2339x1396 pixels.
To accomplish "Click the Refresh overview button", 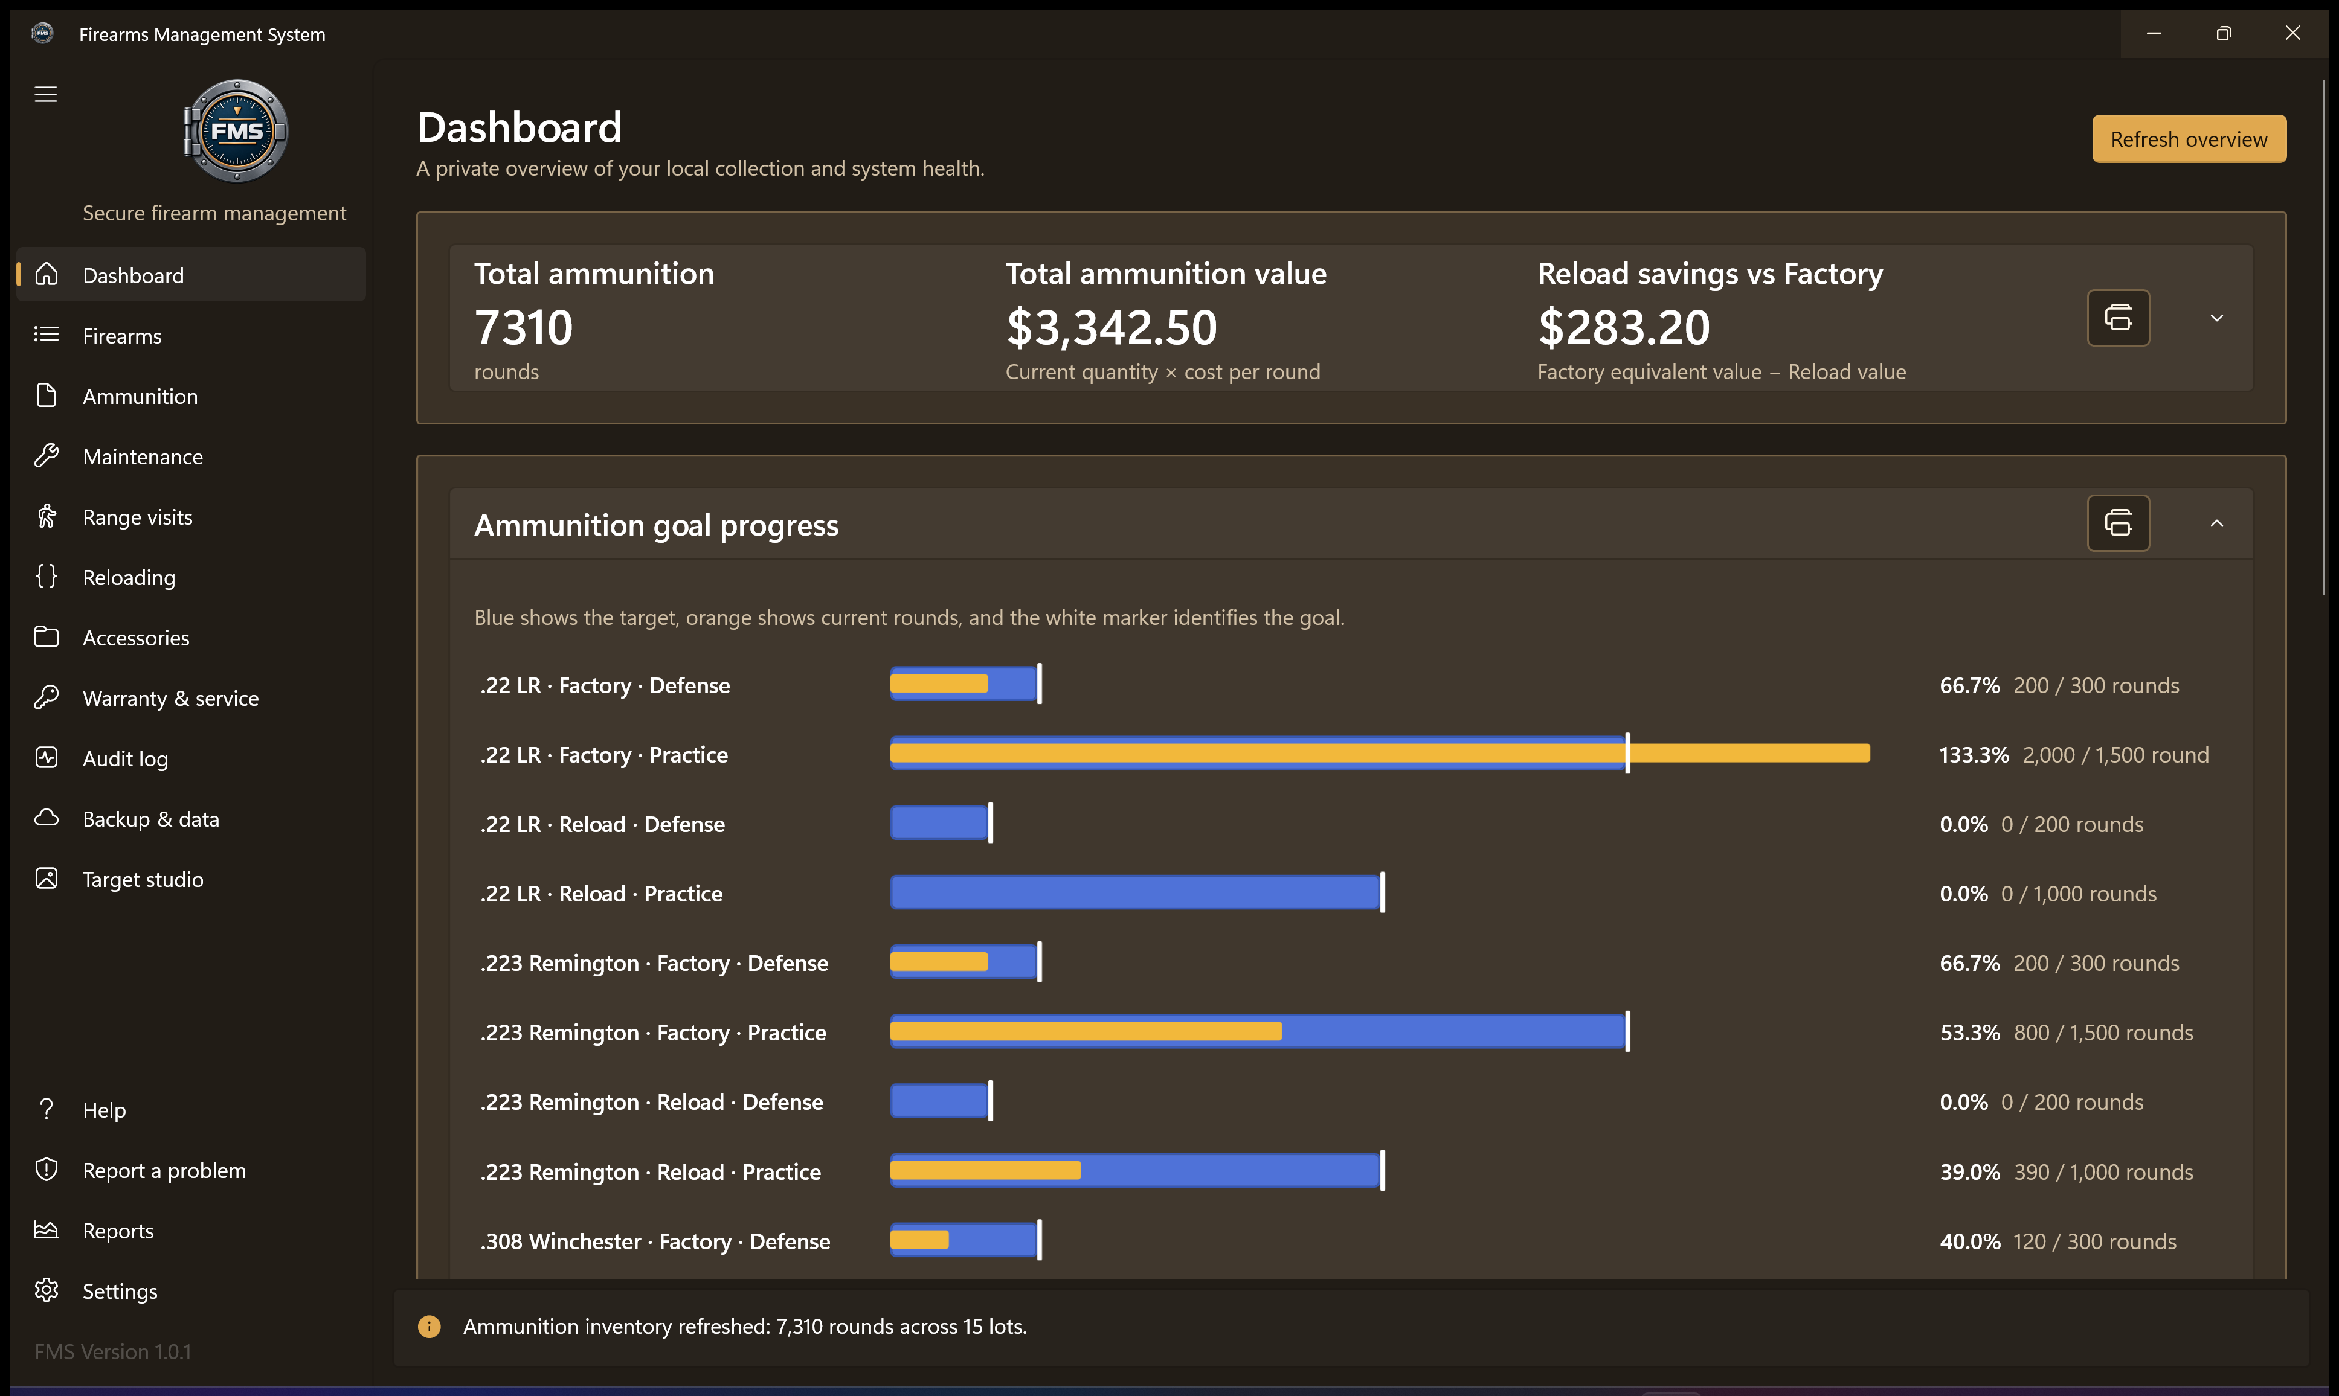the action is click(x=2189, y=139).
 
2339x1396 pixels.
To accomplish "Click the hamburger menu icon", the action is click(x=46, y=94).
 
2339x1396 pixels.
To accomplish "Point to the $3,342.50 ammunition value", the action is click(x=1111, y=327).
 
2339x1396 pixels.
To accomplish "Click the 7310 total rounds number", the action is click(x=523, y=327).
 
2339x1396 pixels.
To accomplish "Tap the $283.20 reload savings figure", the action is click(x=1623, y=327).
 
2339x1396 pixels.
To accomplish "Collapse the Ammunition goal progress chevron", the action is click(x=2217, y=523).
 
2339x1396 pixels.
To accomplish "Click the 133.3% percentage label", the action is click(x=1974, y=754).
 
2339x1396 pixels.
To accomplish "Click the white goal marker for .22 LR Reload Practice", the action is click(x=1382, y=892).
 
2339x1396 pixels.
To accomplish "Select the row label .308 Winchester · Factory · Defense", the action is click(x=655, y=1241).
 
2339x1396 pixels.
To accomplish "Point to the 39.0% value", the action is click(x=1969, y=1171).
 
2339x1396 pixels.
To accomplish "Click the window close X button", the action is click(x=2293, y=33).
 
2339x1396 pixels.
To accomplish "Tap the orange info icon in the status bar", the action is click(x=429, y=1327).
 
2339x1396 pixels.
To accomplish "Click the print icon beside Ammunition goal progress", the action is click(x=2118, y=523).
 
